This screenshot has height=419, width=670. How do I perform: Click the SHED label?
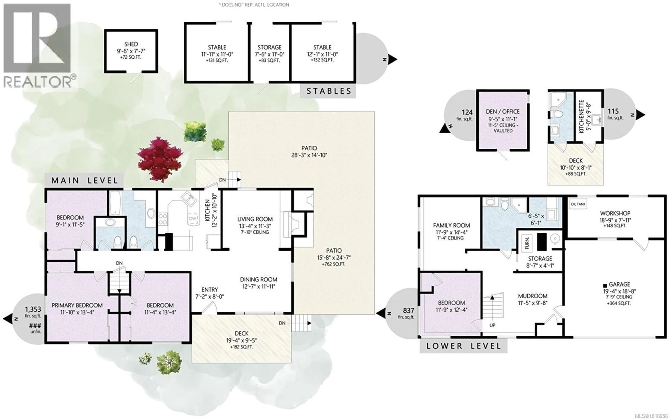[131, 44]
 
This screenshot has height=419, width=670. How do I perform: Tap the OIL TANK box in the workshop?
[578, 204]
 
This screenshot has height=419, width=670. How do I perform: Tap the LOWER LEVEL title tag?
[463, 346]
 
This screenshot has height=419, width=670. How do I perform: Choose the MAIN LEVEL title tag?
[85, 181]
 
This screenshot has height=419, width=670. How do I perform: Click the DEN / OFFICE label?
[502, 112]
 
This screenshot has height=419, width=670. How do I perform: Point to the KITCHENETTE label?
[582, 116]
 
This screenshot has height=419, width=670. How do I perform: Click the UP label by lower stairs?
[492, 325]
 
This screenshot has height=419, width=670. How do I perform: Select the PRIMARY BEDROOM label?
[77, 305]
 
